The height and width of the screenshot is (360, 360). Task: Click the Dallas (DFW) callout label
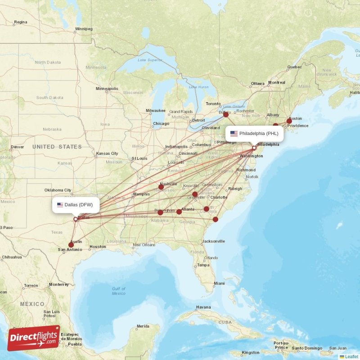tap(75, 205)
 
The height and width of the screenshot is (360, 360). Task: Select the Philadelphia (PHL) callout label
tap(254, 133)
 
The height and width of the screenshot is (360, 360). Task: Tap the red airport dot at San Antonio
tap(71, 245)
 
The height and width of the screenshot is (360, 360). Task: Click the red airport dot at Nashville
tap(161, 187)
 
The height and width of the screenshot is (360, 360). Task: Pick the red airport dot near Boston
tap(289, 121)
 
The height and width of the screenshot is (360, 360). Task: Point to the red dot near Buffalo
tap(226, 115)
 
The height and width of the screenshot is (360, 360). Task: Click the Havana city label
tap(203, 307)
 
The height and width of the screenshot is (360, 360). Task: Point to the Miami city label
tap(219, 283)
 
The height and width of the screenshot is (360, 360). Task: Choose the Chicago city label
tap(161, 124)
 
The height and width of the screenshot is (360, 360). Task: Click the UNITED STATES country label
tap(57, 147)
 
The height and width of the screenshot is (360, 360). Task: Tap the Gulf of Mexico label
tap(119, 291)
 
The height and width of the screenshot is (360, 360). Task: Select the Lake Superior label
tap(149, 60)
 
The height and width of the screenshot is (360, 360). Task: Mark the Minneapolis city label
tap(107, 89)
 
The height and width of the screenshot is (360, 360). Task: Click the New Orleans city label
tap(144, 245)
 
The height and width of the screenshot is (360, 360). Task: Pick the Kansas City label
tap(107, 153)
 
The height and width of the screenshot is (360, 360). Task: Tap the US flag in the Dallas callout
tap(60, 205)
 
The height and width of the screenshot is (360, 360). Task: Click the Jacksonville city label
tap(213, 241)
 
